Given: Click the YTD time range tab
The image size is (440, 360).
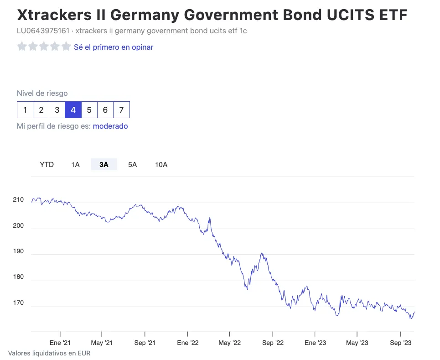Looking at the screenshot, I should [x=47, y=165].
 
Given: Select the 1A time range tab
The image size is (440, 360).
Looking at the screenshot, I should [x=75, y=165].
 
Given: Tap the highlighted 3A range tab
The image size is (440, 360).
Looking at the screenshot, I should [x=104, y=165].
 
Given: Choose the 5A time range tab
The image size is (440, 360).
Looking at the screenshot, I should [x=132, y=165].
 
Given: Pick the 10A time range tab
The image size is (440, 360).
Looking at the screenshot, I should [x=161, y=165].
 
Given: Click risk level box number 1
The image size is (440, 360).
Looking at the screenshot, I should [x=25, y=110].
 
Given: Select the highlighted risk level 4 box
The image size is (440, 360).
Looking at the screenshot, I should [x=73, y=110].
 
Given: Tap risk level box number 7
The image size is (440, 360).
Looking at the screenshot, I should [x=121, y=110].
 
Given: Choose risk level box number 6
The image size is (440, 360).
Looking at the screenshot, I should [x=105, y=110].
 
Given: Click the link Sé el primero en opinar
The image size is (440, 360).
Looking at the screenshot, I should [x=114, y=47].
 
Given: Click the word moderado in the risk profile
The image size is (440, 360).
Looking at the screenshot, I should [x=110, y=126].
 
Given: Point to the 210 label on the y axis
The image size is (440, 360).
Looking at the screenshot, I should [x=18, y=200].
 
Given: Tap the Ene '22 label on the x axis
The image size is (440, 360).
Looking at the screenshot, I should [x=187, y=343].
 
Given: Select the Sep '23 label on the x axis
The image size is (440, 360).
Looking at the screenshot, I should [x=401, y=343].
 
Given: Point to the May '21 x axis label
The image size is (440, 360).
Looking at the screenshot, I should [x=102, y=343].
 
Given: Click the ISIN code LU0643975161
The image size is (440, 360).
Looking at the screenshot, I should [x=43, y=31].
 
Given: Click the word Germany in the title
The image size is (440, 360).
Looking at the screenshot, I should [x=145, y=15].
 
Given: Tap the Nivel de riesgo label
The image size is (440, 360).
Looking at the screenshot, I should [x=42, y=94].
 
